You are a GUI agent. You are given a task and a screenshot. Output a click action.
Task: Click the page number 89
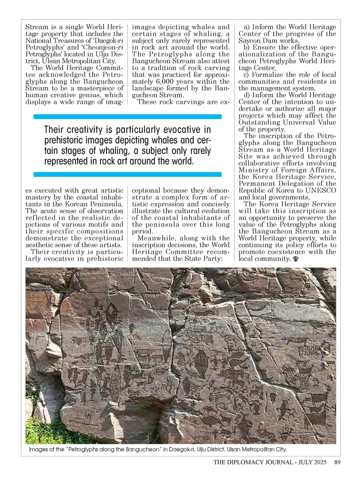click(x=337, y=463)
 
